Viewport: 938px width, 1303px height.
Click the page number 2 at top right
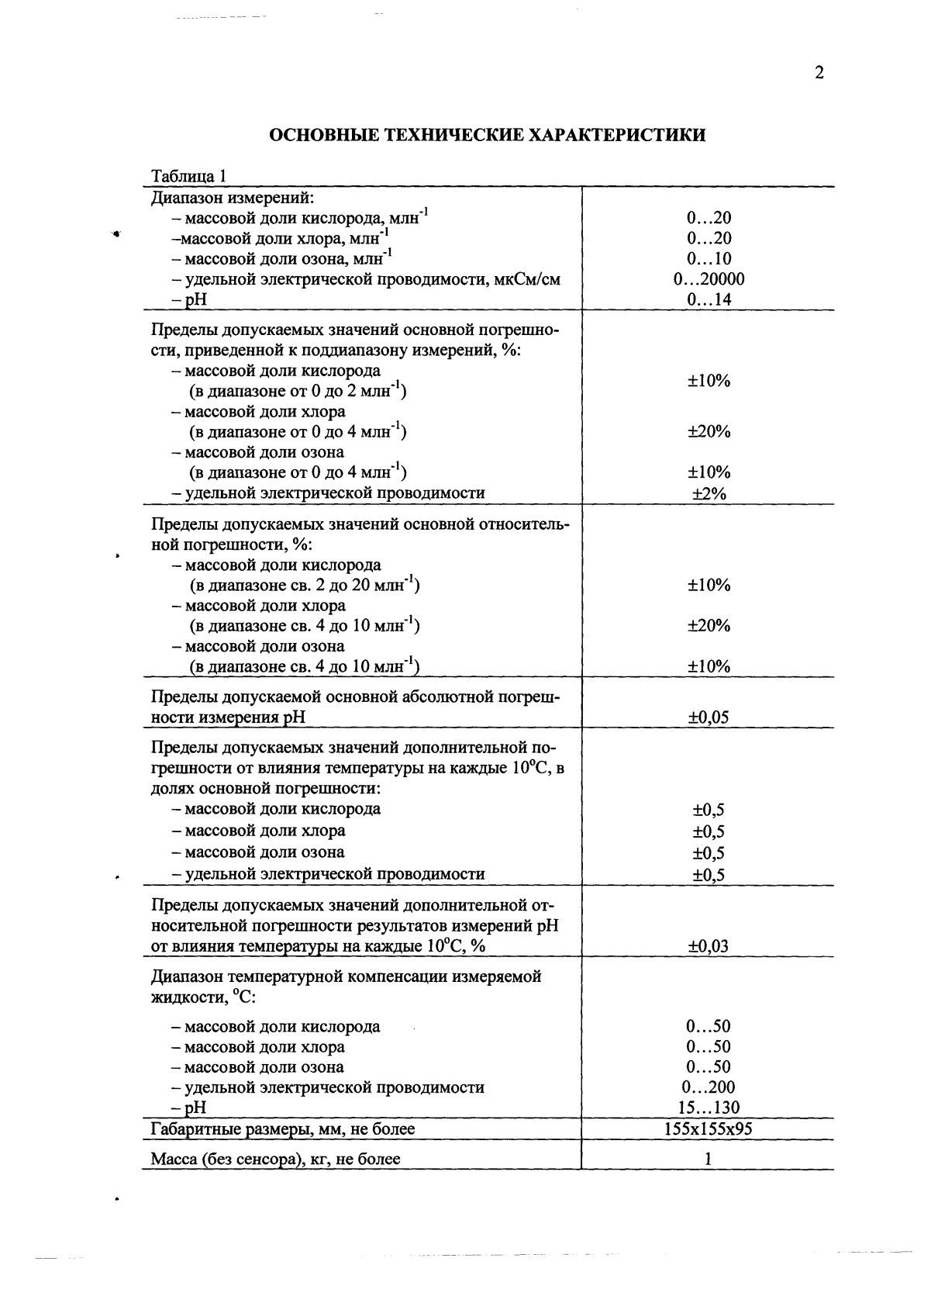pos(819,74)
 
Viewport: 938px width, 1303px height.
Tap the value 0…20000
pos(709,279)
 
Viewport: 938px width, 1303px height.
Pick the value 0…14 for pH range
pos(709,299)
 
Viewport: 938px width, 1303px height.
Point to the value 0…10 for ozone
pos(709,259)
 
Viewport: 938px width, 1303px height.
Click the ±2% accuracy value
pos(709,493)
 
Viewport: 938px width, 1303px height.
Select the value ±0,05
pos(709,717)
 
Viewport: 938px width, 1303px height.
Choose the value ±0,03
pos(709,946)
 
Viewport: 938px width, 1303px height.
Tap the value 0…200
pos(709,1087)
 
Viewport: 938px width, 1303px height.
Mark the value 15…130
pos(709,1108)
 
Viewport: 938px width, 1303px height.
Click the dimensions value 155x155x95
pos(709,1129)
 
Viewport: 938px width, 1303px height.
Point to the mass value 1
pos(709,1160)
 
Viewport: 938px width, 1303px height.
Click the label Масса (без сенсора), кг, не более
pos(275,1160)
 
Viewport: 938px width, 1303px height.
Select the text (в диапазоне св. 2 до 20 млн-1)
pos(305,586)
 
